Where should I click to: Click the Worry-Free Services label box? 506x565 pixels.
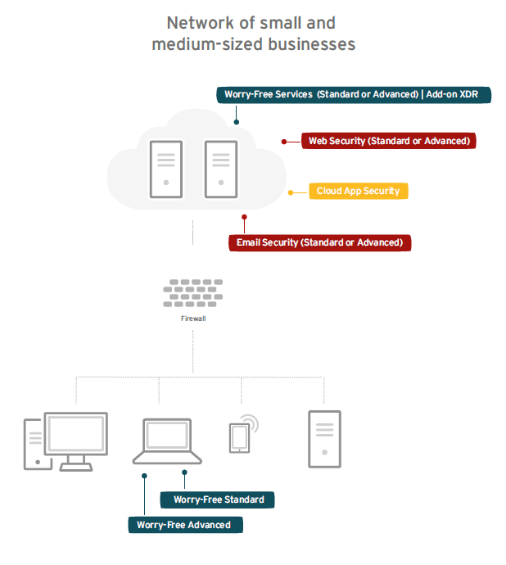pos(354,95)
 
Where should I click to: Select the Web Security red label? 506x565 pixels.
pos(389,141)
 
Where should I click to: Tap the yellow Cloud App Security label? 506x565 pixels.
pos(358,191)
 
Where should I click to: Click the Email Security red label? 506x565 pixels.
pos(319,242)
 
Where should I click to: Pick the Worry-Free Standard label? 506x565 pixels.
pos(219,499)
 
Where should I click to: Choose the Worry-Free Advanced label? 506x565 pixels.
pos(184,525)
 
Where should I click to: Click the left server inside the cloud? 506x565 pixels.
pos(166,169)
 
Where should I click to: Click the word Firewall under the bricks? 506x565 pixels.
pos(192,317)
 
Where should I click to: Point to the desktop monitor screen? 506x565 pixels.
pos(75,436)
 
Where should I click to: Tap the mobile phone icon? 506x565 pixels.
pos(239,437)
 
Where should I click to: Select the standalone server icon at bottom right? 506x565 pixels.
pos(324,439)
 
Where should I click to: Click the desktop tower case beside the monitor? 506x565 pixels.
pos(34,444)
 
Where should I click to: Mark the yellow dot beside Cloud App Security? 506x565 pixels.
pos(291,193)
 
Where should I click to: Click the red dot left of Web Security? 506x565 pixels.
pos(284,141)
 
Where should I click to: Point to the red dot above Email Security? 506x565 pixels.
pos(244,217)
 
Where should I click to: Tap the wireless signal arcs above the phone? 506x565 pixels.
pos(251,423)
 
